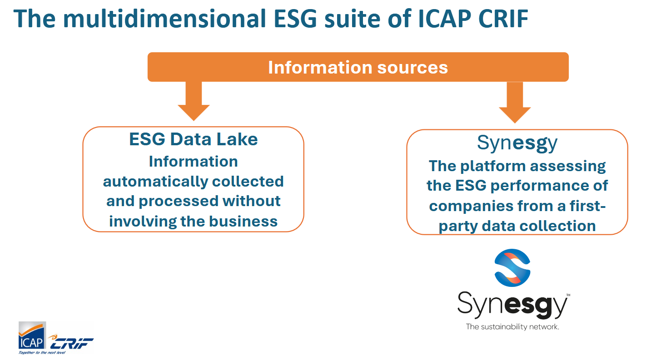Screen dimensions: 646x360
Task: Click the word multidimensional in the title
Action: (164, 19)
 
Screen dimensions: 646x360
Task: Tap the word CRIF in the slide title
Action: (503, 19)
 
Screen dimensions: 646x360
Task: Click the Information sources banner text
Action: (358, 68)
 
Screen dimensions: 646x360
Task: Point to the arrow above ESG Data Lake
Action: (194, 101)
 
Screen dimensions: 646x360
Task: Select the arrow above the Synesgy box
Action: (515, 102)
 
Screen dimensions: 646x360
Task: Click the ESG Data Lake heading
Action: (193, 139)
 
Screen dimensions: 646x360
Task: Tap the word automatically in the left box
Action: (155, 182)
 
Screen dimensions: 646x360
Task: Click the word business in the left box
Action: (243, 222)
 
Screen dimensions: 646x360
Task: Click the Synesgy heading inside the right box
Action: (517, 143)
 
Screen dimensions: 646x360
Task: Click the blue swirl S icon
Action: (512, 268)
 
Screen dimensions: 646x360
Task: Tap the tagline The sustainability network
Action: (512, 327)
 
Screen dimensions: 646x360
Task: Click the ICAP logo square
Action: (32, 335)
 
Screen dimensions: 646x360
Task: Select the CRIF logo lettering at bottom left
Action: (71, 342)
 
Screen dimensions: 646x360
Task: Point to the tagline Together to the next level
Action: (42, 352)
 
